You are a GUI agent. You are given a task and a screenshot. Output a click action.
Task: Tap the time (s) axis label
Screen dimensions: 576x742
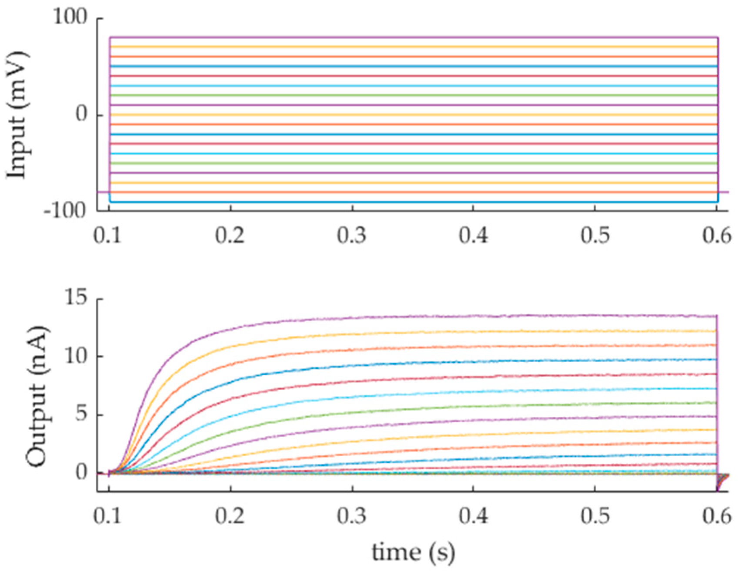click(x=413, y=552)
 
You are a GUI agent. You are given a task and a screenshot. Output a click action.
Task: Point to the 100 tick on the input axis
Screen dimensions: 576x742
click(x=70, y=17)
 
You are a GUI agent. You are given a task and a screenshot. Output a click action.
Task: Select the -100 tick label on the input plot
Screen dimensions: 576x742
click(x=65, y=211)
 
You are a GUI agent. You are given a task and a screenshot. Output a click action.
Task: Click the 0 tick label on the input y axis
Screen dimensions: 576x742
click(x=81, y=115)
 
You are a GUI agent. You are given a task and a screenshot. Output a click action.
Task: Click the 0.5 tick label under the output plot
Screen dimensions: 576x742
click(x=595, y=516)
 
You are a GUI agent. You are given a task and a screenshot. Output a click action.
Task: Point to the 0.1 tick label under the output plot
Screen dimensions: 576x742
click(x=108, y=516)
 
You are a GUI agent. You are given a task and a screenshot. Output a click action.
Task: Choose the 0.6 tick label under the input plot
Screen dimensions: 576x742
click(x=716, y=236)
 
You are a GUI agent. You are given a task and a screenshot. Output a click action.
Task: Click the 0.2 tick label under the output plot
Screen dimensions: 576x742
click(x=230, y=516)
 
